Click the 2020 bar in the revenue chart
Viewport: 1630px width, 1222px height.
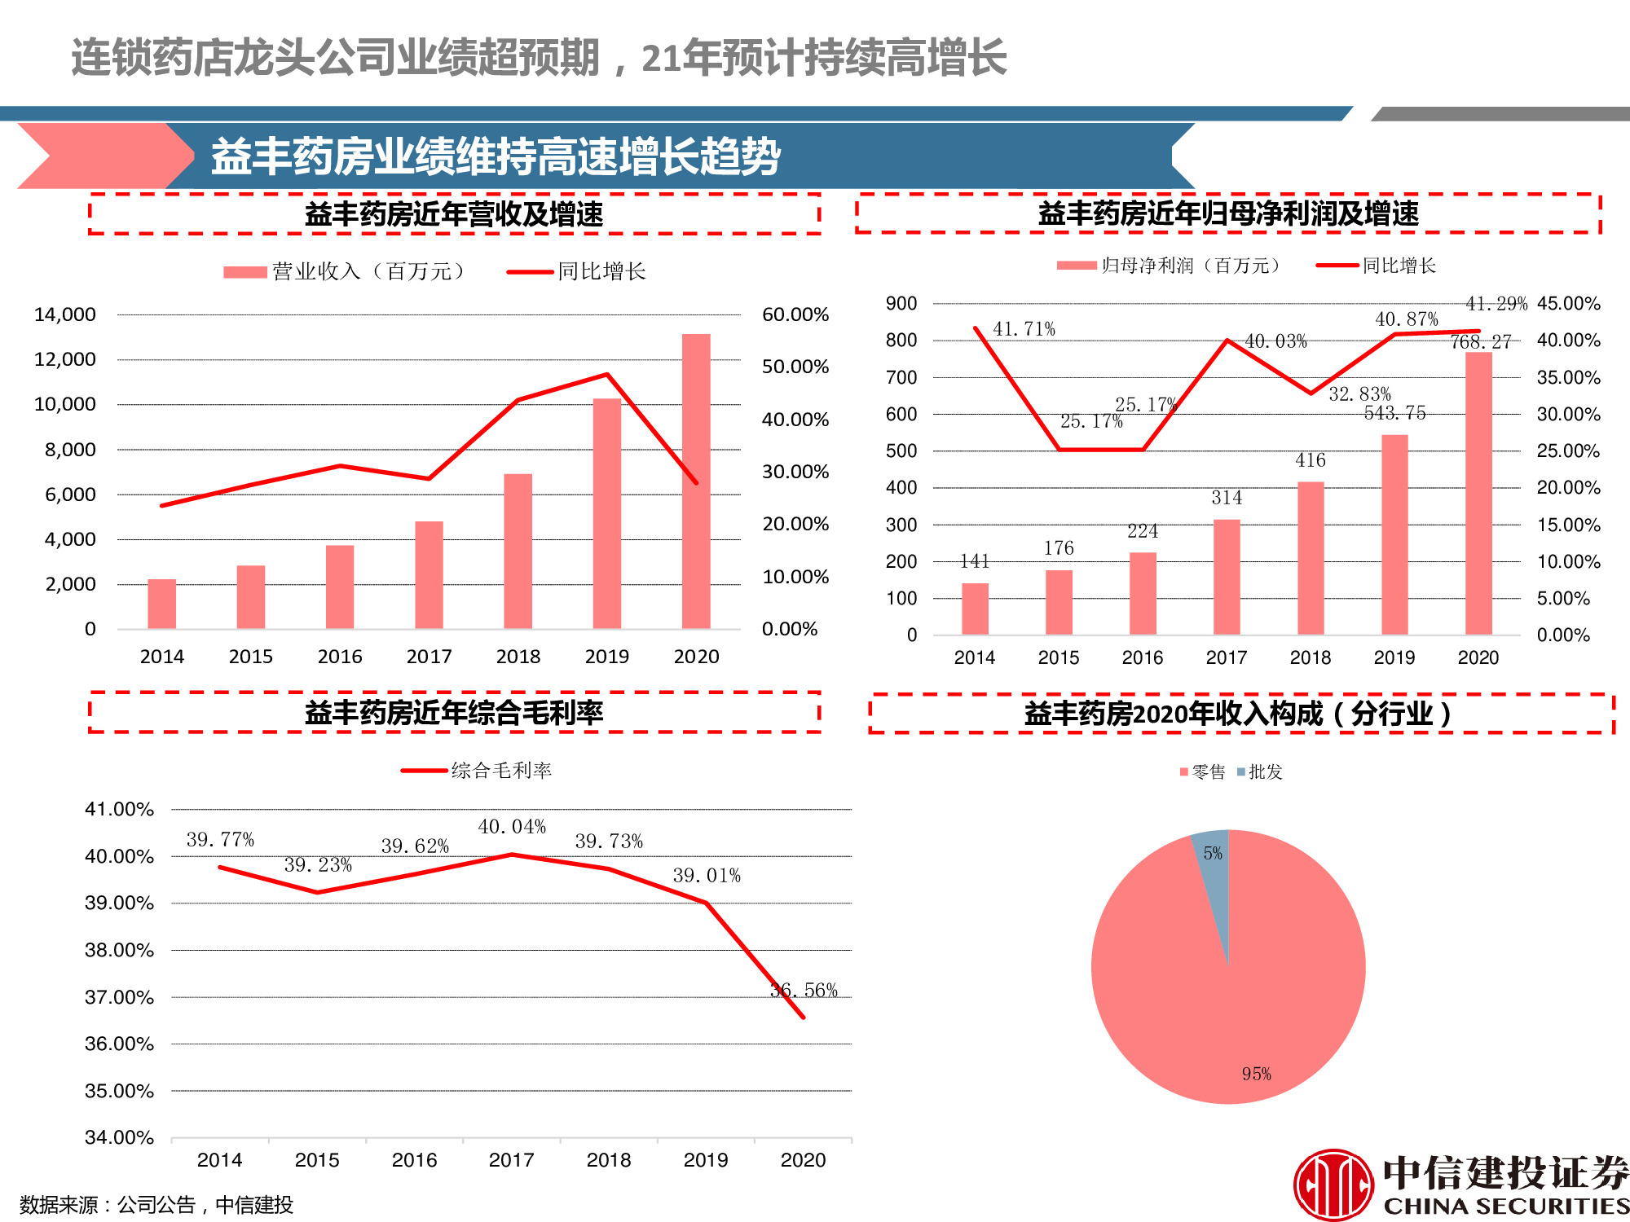(696, 481)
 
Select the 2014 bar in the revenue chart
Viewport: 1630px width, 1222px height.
(161, 604)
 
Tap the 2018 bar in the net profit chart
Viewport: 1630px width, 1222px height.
(1311, 558)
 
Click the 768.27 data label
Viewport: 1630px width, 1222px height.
(1481, 342)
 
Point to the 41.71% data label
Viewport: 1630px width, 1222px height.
(1024, 329)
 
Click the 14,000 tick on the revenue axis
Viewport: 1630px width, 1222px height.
(65, 314)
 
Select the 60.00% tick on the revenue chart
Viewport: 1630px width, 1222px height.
(795, 314)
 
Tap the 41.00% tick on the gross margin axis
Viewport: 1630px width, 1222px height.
(119, 809)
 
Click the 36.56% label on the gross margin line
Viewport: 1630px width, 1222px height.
(804, 991)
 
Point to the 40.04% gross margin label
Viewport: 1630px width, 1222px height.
(512, 827)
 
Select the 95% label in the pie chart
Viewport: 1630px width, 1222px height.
(1256, 1074)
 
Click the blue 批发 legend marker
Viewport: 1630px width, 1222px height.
(1241, 771)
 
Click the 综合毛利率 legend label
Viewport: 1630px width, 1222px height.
(501, 771)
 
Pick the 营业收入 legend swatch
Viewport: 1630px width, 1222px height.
(245, 272)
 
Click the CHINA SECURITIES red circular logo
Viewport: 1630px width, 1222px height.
(1333, 1185)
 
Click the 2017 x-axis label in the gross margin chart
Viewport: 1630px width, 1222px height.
(512, 1160)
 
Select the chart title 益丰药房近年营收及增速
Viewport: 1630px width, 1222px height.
(454, 214)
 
